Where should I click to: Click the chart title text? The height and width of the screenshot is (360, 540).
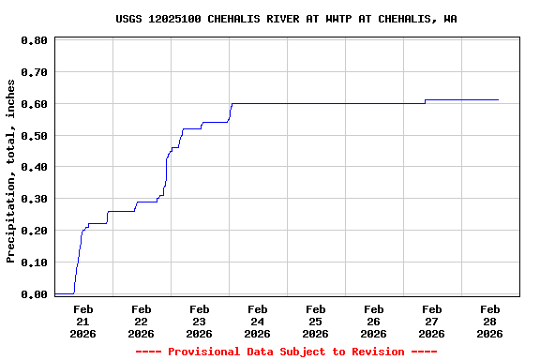point(286,19)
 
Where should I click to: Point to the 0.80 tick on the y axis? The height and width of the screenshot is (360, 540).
point(34,40)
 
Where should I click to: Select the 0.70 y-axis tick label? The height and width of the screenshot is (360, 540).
point(34,72)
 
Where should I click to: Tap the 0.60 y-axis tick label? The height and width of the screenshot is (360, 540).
point(34,104)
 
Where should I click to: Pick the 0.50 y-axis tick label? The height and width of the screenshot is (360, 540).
point(34,136)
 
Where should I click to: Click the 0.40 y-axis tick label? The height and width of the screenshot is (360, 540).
point(34,168)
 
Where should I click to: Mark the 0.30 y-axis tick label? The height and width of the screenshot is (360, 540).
point(34,199)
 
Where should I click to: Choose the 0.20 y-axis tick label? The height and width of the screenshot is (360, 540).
point(34,231)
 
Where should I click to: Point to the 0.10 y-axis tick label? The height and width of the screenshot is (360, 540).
point(34,262)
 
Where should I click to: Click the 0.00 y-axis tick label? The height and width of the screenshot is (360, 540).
point(34,294)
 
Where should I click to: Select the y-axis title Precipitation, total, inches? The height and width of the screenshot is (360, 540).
point(11,171)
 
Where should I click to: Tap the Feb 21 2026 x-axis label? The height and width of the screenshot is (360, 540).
point(83,321)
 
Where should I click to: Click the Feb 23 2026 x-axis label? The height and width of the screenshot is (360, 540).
point(200,321)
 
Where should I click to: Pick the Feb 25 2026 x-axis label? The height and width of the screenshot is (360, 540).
point(316,321)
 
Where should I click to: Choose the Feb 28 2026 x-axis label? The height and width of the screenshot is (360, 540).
point(490,321)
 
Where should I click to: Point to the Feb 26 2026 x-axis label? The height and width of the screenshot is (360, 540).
point(374,321)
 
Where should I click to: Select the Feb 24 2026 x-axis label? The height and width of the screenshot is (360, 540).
point(258,321)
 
